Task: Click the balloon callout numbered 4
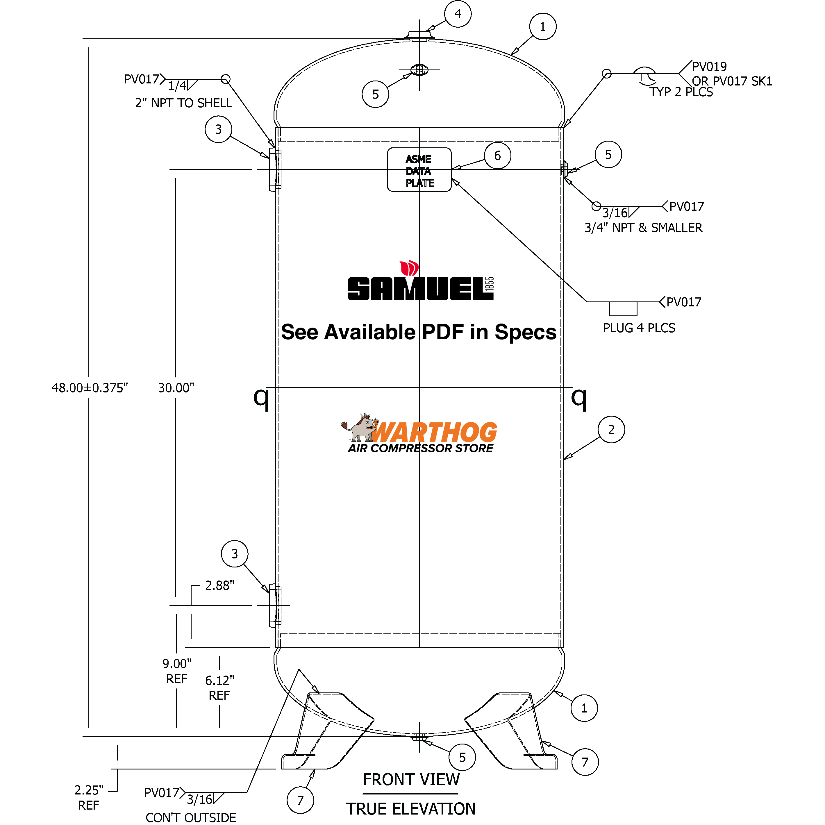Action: (458, 14)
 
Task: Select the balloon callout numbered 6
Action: (497, 156)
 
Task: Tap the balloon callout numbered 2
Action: (611, 430)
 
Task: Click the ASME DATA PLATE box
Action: (419, 170)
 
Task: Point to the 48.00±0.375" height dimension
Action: (90, 388)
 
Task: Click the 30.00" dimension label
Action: (176, 388)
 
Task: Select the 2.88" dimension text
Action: (219, 585)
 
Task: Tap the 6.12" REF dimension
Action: (219, 687)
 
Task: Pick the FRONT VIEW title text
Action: (411, 780)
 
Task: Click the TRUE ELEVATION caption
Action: (411, 809)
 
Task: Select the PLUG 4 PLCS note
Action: (639, 328)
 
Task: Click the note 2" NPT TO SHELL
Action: (184, 103)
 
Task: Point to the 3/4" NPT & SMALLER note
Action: (643, 228)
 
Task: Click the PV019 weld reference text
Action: (709, 67)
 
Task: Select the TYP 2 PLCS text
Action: (681, 92)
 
